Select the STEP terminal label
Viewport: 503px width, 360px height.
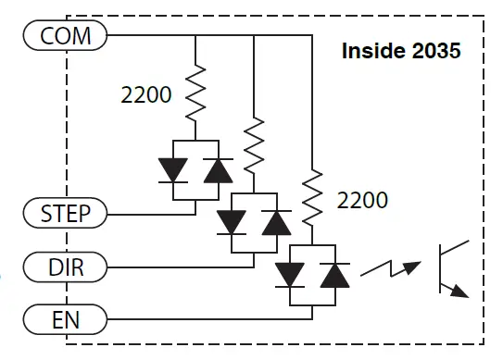(x=65, y=213)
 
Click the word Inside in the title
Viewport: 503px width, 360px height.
(x=371, y=51)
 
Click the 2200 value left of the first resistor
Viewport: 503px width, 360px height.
(x=146, y=94)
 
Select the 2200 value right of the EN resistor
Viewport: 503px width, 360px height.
(x=362, y=200)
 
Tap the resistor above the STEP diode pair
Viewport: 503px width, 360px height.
(x=195, y=93)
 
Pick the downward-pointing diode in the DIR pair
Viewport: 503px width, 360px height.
(x=231, y=223)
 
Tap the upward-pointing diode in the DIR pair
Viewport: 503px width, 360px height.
(x=275, y=223)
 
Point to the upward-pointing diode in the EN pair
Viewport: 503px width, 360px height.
(x=333, y=275)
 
